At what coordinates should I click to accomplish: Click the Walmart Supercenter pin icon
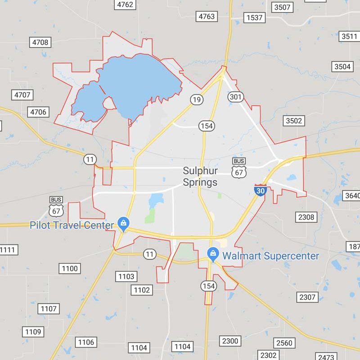(x=213, y=254)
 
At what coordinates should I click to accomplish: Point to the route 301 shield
(x=236, y=97)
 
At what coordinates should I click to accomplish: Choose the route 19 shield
(x=196, y=99)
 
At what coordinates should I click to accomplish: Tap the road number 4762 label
(x=125, y=4)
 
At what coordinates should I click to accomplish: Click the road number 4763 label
(x=207, y=17)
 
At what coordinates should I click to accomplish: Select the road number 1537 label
(x=254, y=18)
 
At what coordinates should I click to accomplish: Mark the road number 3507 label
(x=282, y=7)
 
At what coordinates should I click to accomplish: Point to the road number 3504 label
(x=342, y=67)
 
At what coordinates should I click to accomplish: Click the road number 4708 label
(x=40, y=42)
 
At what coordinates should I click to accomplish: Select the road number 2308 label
(x=306, y=217)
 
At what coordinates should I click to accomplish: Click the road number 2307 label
(x=307, y=297)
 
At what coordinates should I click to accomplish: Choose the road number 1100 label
(x=70, y=269)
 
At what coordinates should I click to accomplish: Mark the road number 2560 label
(x=284, y=343)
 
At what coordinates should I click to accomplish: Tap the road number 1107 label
(x=48, y=309)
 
